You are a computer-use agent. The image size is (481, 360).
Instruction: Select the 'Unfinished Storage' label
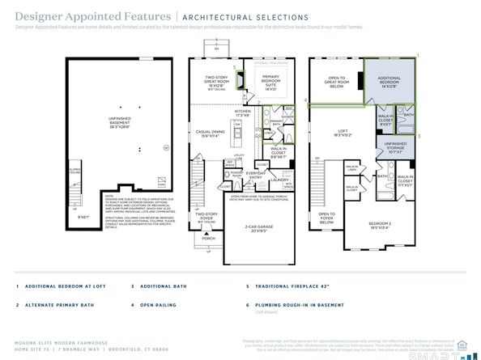(x=395, y=146)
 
